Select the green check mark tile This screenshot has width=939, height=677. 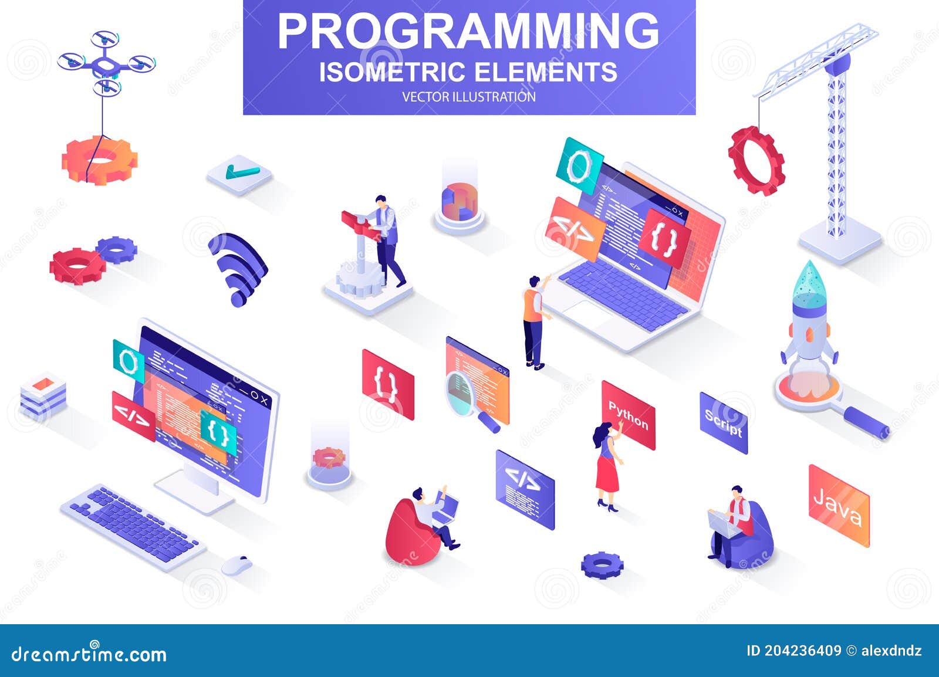point(240,173)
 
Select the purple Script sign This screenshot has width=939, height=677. point(724,422)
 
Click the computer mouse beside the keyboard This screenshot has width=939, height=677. point(237,564)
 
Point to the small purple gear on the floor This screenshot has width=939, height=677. point(602,564)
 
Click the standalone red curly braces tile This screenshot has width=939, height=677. point(388,384)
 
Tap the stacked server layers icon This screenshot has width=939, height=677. point(43,393)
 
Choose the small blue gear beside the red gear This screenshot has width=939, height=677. point(117,249)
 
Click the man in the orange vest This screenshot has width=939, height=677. point(533,320)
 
